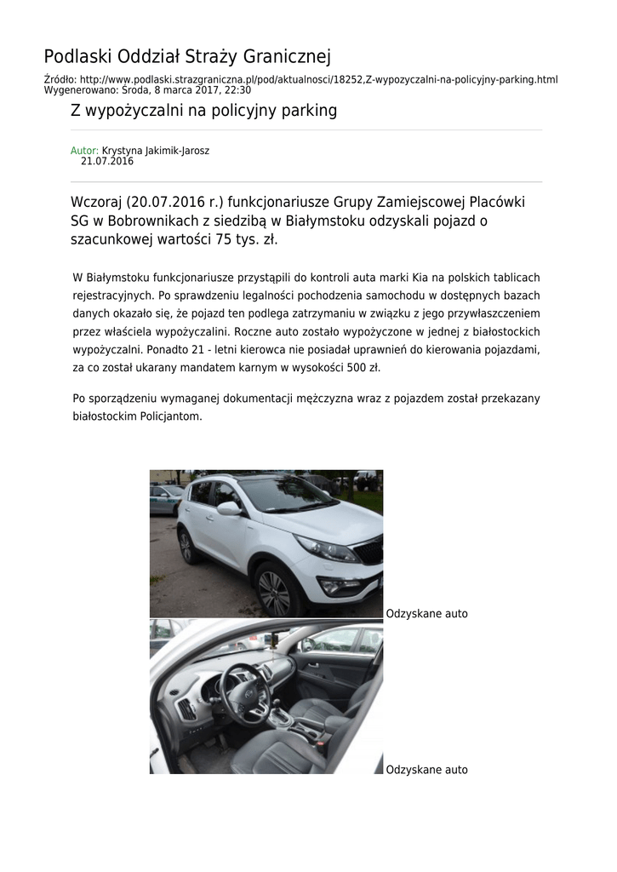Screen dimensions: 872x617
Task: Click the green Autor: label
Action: point(84,151)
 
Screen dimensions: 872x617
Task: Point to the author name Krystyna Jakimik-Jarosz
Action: point(156,151)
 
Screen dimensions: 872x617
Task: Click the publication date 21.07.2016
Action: point(107,161)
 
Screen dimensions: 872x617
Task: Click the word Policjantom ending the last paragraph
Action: point(174,416)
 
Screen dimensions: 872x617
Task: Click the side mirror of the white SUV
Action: point(229,508)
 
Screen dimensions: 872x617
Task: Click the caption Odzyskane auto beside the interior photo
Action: point(426,770)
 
